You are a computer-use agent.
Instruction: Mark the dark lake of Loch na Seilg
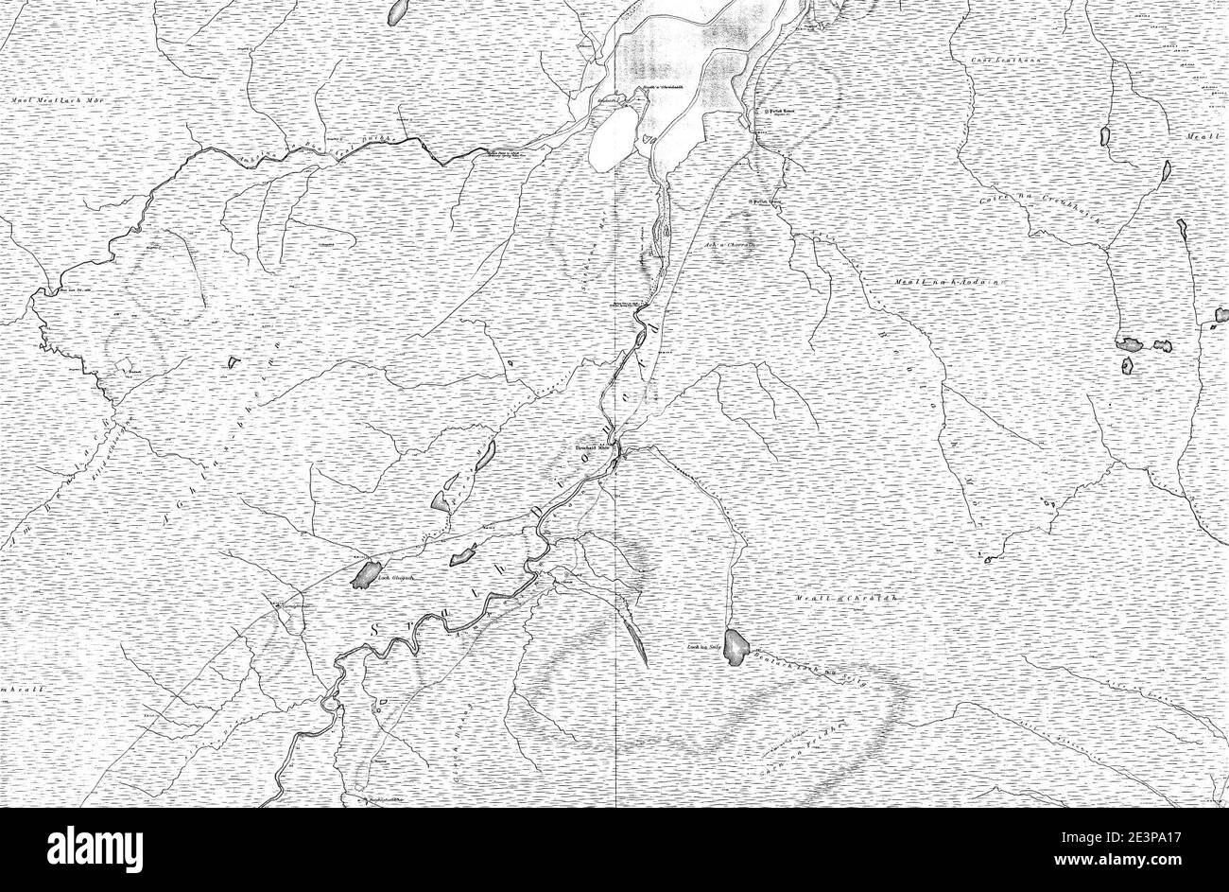pyautogui.click(x=737, y=646)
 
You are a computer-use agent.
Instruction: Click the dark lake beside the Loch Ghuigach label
pyautogui.click(x=362, y=574)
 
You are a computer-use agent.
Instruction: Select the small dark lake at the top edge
pyautogui.click(x=398, y=11)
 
